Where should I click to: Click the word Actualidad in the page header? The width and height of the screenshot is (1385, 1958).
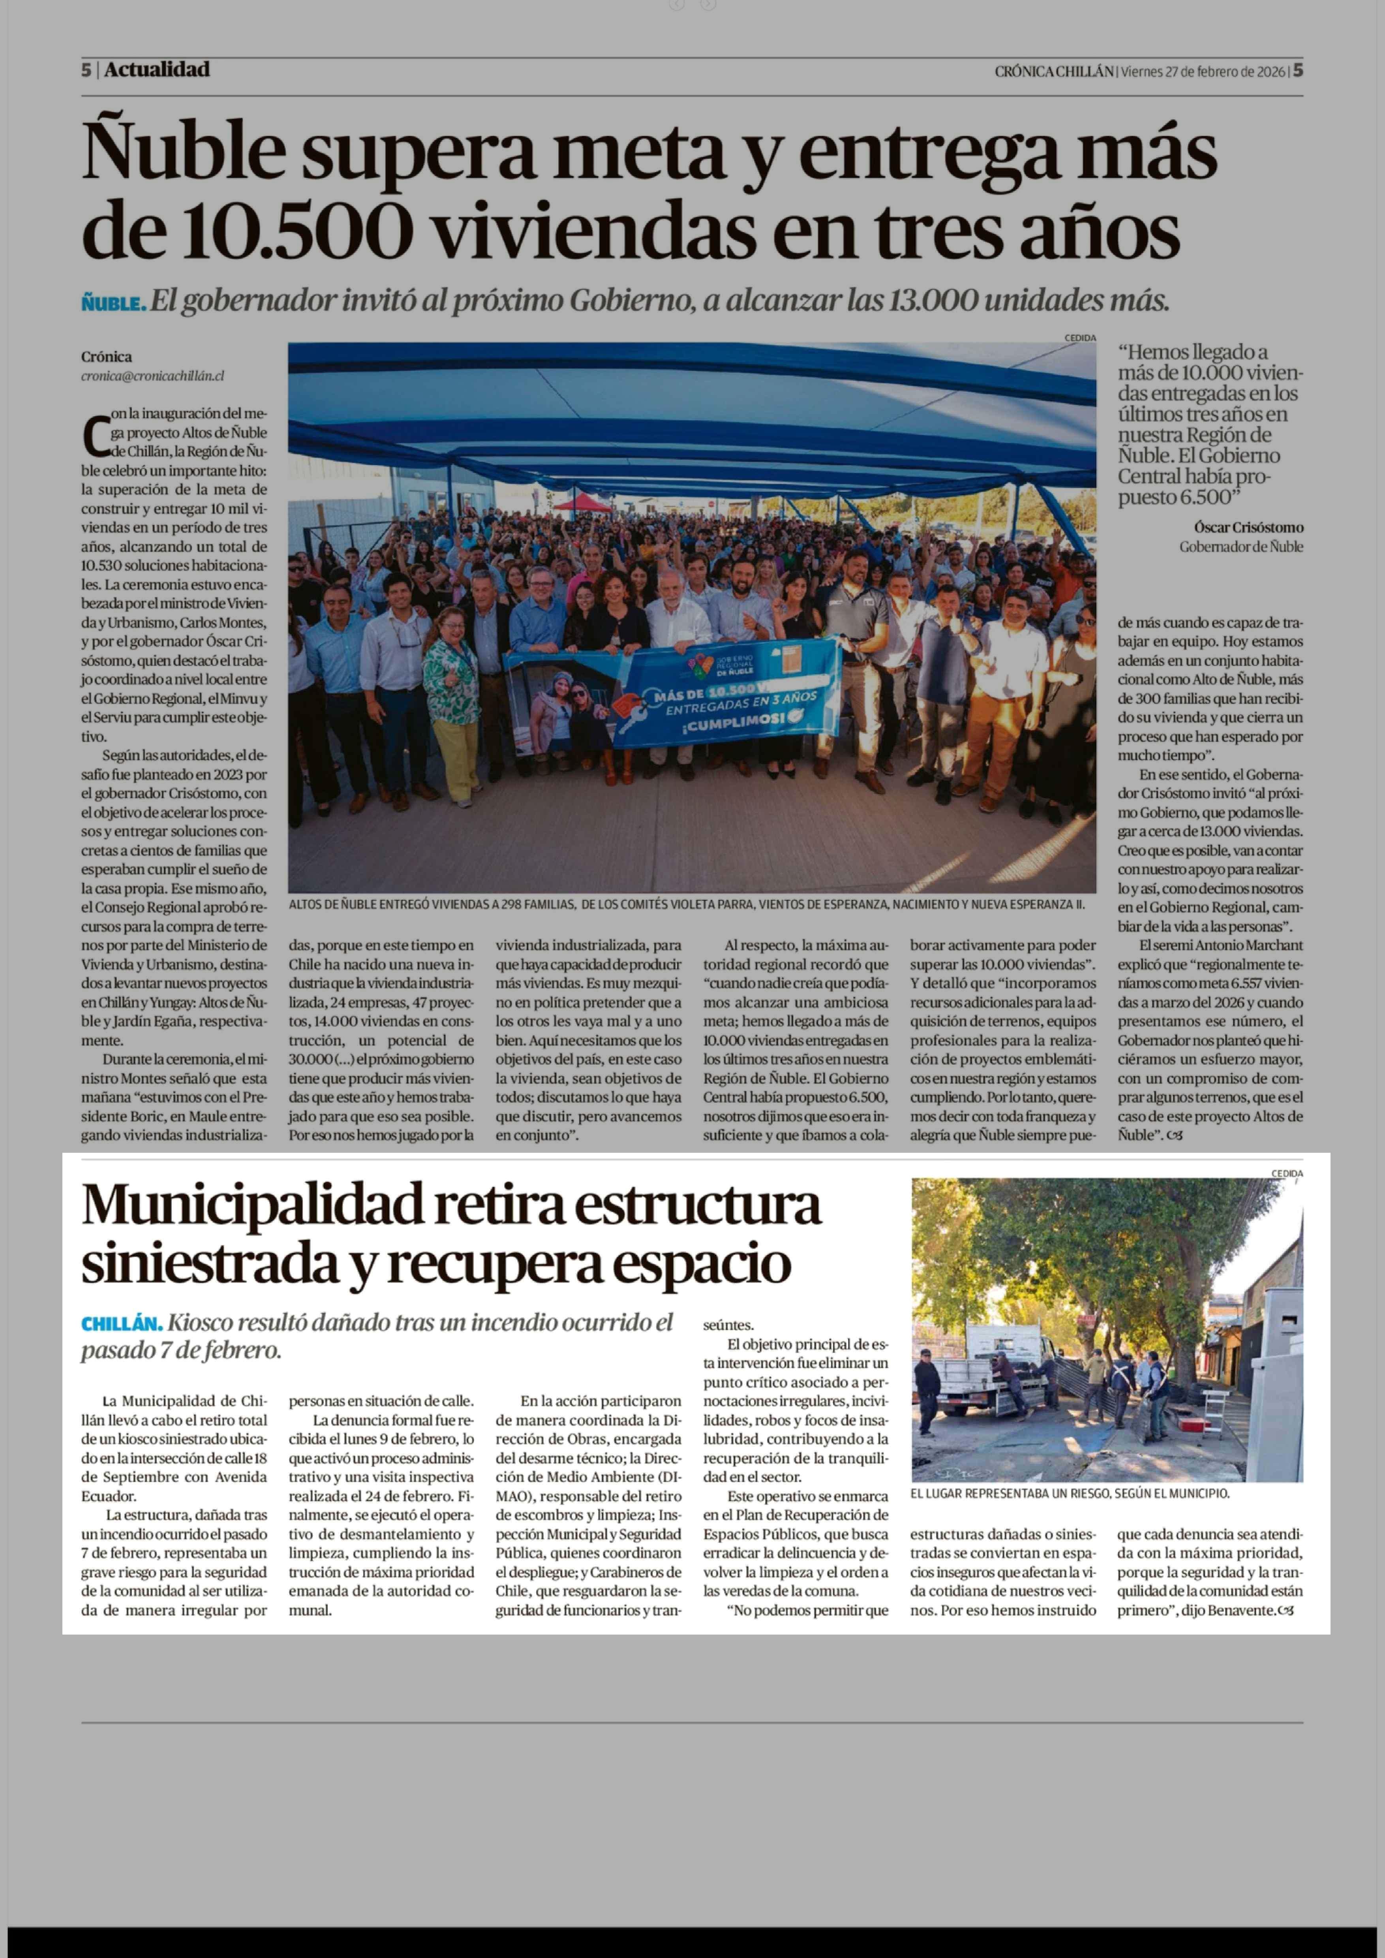point(157,70)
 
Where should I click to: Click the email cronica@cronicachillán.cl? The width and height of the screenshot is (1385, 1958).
point(153,376)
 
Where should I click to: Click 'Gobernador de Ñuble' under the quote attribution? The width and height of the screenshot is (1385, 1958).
point(1241,547)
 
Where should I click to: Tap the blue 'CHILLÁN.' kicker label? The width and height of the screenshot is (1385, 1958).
point(121,1323)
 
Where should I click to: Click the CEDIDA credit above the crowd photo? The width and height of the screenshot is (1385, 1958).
point(1080,338)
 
